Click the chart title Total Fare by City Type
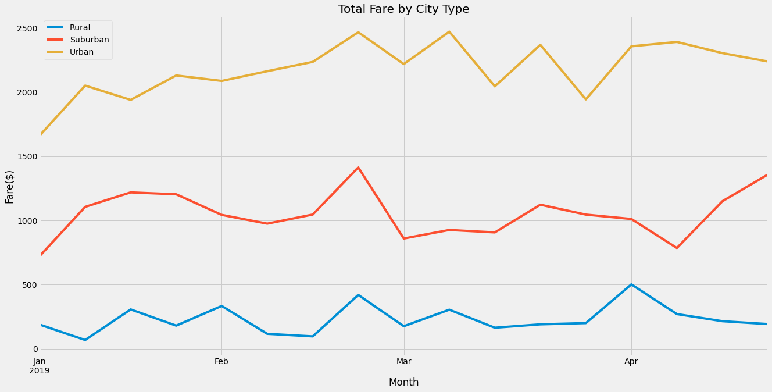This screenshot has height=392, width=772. coord(403,9)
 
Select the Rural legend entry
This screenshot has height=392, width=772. coord(80,28)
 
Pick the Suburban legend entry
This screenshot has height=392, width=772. coord(89,40)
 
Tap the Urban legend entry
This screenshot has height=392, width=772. coord(81,52)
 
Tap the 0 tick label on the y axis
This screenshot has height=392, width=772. coord(35,350)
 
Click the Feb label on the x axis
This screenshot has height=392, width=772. coord(221,362)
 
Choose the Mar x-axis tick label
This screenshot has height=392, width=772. coord(403,362)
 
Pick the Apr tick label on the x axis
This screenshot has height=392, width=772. coord(631,362)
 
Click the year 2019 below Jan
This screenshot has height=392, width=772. coord(40,370)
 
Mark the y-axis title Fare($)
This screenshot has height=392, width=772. coord(10,187)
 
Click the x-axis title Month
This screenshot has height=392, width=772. coord(403,382)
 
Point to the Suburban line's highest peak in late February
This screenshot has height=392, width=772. coord(358,168)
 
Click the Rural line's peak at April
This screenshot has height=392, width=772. coord(631,284)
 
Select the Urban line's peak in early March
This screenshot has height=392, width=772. coord(449,31)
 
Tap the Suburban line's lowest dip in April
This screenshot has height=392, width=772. coord(677,248)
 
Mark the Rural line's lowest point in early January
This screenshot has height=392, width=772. coord(85,340)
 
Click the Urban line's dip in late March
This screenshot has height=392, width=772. coord(585,99)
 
